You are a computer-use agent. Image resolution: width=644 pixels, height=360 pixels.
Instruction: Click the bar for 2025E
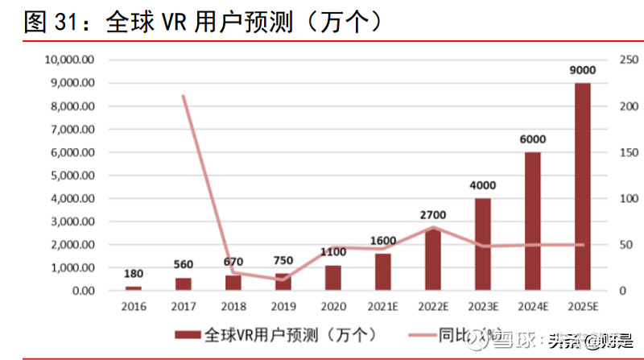pos(582,186)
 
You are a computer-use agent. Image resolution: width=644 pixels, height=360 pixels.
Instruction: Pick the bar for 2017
pos(184,283)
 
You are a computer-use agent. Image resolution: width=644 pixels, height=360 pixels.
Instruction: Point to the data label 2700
pos(433,214)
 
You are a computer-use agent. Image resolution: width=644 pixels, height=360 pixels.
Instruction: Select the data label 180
pos(134,274)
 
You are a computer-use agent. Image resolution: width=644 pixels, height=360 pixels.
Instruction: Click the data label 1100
pos(333,251)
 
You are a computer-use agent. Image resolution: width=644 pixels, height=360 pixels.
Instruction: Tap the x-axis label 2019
pos(283,307)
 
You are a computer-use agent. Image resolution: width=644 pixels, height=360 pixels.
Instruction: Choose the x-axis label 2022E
pos(433,307)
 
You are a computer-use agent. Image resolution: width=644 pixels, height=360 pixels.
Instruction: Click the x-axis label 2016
pos(134,307)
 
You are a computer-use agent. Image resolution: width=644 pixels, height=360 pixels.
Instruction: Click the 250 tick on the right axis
pos(628,60)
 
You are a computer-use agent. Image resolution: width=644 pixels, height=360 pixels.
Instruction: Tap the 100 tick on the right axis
pos(628,198)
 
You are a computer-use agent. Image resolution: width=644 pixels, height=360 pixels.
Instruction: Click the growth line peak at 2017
pos(184,96)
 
